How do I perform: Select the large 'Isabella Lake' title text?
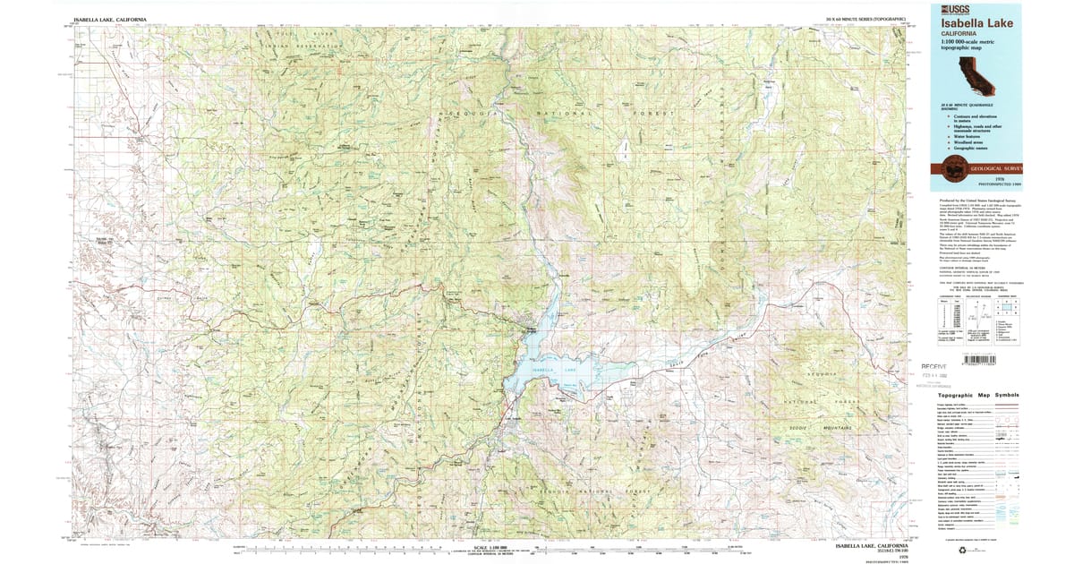[x=976, y=23]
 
